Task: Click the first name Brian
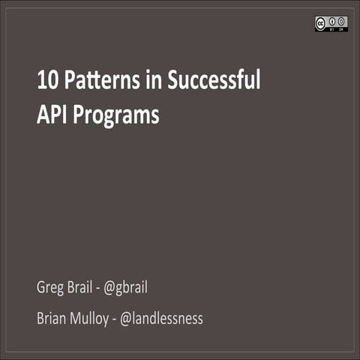tap(52, 318)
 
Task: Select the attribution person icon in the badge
tap(333, 21)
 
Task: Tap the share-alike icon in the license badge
tap(342, 21)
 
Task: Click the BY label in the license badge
tap(333, 29)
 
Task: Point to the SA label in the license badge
tap(342, 29)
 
